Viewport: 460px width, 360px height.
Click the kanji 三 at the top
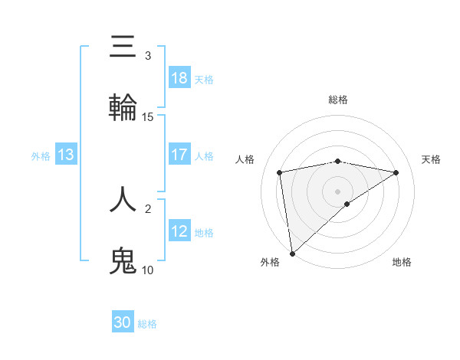click(x=123, y=47)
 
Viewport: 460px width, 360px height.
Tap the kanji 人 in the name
click(x=123, y=198)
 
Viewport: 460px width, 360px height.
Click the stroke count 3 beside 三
click(x=147, y=56)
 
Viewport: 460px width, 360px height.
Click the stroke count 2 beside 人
click(x=147, y=208)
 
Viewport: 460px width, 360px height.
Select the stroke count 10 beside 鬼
click(x=148, y=270)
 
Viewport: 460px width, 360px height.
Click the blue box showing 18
click(x=179, y=78)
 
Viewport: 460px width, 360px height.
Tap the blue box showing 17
click(x=179, y=155)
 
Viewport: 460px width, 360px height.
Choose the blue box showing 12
click(x=179, y=231)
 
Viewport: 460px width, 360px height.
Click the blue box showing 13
click(x=66, y=155)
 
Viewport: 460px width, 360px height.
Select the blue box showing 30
click(x=123, y=322)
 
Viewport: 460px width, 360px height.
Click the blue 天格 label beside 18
click(x=204, y=79)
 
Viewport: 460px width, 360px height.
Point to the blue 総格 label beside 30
click(x=147, y=323)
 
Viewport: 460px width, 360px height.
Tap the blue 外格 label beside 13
click(x=41, y=155)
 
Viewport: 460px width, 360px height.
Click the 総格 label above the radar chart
click(x=338, y=100)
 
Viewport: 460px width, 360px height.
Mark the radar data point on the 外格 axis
click(x=291, y=253)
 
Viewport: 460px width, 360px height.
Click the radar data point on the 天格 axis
click(x=396, y=172)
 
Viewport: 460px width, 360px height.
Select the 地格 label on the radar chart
click(x=402, y=262)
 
